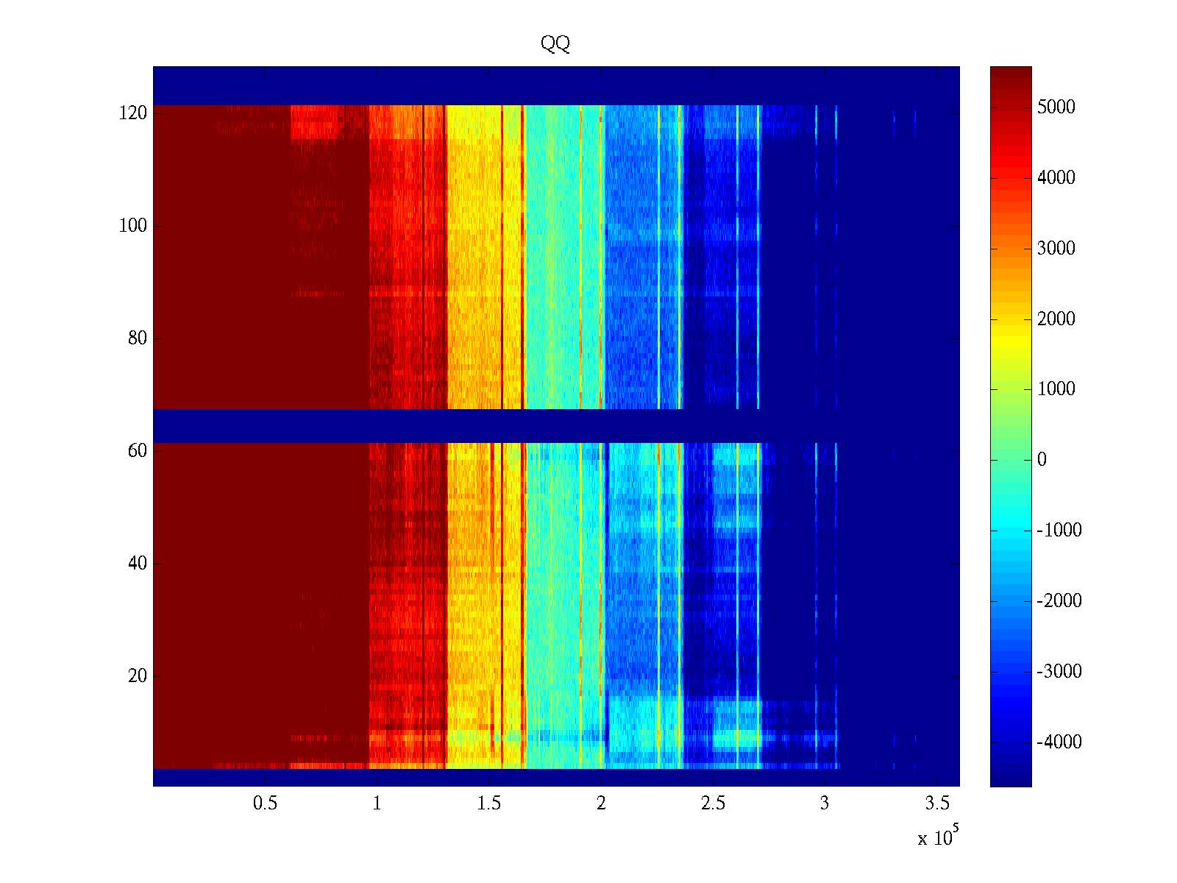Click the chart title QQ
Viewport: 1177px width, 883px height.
point(555,44)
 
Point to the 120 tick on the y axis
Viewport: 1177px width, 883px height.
point(133,113)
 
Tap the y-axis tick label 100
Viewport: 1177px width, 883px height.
point(133,226)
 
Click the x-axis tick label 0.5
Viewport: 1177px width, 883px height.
point(265,804)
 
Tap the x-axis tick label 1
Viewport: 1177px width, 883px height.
point(377,804)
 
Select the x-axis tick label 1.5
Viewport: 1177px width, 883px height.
point(489,804)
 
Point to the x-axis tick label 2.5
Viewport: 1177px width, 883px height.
point(713,804)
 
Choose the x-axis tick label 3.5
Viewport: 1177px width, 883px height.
point(937,804)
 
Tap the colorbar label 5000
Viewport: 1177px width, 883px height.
point(1056,107)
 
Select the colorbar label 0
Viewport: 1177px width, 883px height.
point(1042,460)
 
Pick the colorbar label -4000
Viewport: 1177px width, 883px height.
point(1059,742)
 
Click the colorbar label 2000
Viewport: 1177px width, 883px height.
point(1056,319)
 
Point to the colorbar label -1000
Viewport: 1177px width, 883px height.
point(1059,531)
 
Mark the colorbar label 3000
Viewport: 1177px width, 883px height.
point(1056,249)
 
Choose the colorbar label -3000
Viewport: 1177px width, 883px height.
point(1059,671)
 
